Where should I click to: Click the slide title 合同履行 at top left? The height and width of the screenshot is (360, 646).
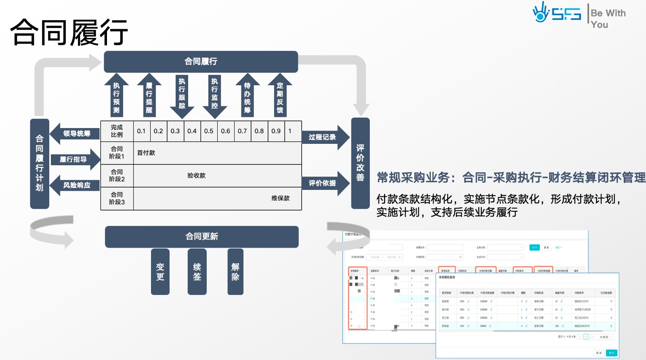click(69, 32)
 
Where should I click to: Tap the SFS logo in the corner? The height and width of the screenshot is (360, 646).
click(556, 13)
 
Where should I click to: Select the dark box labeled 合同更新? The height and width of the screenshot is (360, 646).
click(201, 237)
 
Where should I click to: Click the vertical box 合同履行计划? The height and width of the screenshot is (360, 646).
click(40, 164)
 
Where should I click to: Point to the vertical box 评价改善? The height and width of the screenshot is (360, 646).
click(360, 163)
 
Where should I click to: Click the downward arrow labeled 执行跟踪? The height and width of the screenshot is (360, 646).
click(182, 95)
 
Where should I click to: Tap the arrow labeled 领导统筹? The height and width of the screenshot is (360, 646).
click(76, 134)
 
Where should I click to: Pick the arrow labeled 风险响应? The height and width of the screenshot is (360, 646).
click(76, 185)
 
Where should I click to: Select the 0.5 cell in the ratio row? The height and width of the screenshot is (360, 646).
click(209, 131)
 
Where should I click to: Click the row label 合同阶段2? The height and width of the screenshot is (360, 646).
click(117, 176)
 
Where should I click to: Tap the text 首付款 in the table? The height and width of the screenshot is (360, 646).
click(146, 153)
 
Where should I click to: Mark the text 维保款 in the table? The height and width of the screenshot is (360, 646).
click(280, 198)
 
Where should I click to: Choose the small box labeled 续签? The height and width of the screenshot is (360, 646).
click(197, 272)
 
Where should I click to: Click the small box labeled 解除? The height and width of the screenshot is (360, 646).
click(235, 272)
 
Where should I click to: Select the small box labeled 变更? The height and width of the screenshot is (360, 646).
click(160, 272)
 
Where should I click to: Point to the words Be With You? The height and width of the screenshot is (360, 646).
click(608, 19)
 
